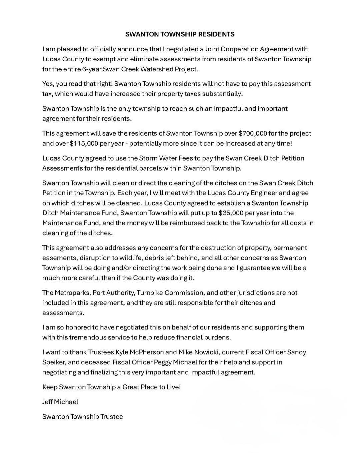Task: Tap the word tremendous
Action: click(89, 337)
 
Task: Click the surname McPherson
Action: click(150, 352)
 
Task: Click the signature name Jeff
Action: click(48, 402)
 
